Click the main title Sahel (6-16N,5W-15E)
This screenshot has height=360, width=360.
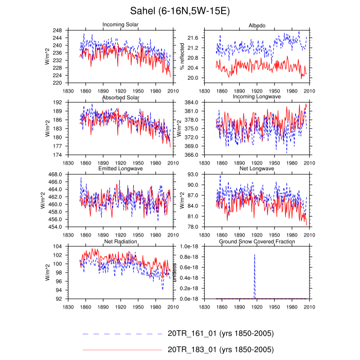coord(179,11)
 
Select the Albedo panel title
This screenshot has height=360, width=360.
coord(257,25)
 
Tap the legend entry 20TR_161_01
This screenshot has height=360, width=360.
coord(222,334)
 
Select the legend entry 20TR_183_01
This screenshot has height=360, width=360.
coord(222,349)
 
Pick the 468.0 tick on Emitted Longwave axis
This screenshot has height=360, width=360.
coord(69,175)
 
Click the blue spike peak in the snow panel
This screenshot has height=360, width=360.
coord(255,254)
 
